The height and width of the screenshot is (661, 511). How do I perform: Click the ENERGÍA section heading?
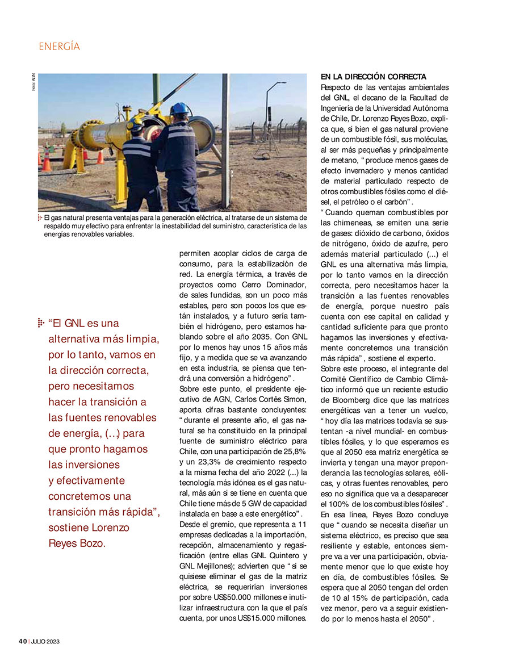pos(60,47)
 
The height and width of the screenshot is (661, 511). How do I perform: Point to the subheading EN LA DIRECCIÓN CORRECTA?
pos(373,76)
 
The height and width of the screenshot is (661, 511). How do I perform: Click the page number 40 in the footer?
pos(23,641)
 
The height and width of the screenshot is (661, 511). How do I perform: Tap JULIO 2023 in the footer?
pos(46,641)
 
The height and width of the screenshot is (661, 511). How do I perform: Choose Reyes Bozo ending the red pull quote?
pos(77,543)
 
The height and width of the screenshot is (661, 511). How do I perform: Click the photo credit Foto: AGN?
pos(33,84)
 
